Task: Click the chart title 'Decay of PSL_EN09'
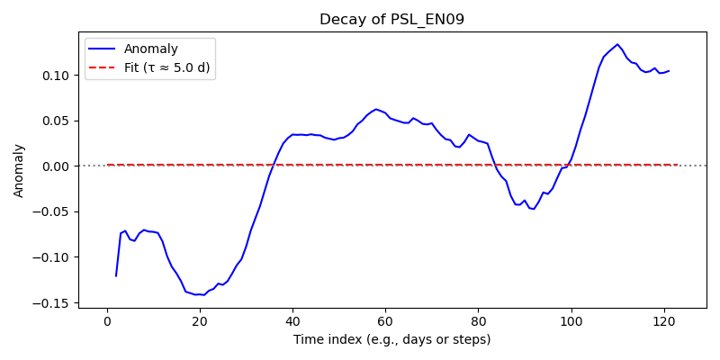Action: coord(391,20)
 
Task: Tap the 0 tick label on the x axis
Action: coord(107,319)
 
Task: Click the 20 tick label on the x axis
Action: coord(200,319)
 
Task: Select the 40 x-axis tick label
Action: coord(293,319)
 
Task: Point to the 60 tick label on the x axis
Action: coord(386,319)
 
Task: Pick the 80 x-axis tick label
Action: coord(479,319)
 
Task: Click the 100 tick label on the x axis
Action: coord(571,319)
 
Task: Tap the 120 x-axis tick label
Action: coord(664,319)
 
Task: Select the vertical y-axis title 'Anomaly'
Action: coord(18,171)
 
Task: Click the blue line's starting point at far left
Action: coord(116,276)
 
